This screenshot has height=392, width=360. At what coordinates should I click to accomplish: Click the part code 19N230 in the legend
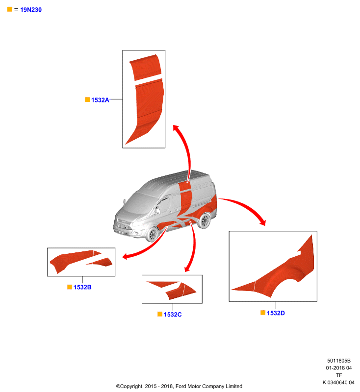pyautogui.click(x=31, y=10)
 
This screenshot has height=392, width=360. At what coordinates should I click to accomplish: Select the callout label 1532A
pyautogui.click(x=100, y=100)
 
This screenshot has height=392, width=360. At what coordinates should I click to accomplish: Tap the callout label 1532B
pyautogui.click(x=82, y=287)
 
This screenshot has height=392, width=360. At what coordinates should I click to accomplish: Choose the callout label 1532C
pyautogui.click(x=173, y=315)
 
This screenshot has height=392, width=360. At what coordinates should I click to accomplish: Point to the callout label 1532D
pyautogui.click(x=276, y=313)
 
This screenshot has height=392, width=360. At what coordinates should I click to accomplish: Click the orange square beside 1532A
pyautogui.click(x=87, y=99)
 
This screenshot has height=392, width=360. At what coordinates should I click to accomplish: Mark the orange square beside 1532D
pyautogui.click(x=263, y=313)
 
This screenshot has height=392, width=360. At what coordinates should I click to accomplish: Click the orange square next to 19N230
pyautogui.click(x=9, y=9)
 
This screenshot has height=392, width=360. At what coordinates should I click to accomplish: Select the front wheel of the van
pyautogui.click(x=152, y=235)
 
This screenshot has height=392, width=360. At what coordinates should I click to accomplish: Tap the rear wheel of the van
pyautogui.click(x=204, y=220)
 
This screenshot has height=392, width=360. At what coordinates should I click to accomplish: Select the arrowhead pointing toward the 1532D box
pyautogui.click(x=262, y=222)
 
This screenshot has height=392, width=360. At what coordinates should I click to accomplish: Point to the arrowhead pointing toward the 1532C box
pyautogui.click(x=187, y=269)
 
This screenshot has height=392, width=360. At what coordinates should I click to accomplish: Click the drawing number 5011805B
pyautogui.click(x=339, y=361)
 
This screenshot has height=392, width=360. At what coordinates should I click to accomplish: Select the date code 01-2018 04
pyautogui.click(x=339, y=368)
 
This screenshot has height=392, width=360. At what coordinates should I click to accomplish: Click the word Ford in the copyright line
pyautogui.click(x=180, y=386)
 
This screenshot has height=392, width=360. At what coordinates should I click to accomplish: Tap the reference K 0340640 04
pyautogui.click(x=338, y=383)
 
